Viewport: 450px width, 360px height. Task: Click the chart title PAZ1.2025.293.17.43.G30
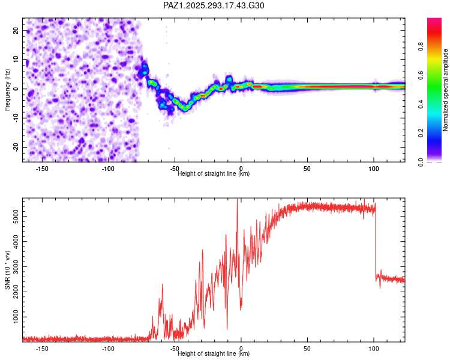(214, 5)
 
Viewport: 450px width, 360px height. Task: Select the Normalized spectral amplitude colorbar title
(445, 90)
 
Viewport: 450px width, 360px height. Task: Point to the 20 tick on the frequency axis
(16, 30)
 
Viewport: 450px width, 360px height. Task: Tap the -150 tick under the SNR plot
(42, 349)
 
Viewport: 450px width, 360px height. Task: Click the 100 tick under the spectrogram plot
(373, 169)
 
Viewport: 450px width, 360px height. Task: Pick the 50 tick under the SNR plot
(307, 349)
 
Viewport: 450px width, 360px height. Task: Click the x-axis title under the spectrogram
(214, 174)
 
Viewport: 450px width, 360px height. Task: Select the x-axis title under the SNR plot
(214, 354)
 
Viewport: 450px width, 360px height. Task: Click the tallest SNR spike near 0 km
(238, 202)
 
